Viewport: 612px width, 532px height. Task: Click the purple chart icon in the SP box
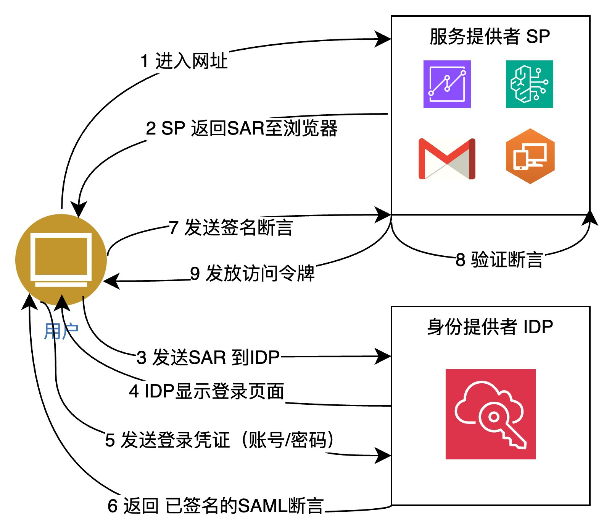pyautogui.click(x=447, y=84)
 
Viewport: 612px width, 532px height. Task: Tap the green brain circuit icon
pyautogui.click(x=529, y=84)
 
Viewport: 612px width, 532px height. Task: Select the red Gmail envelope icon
pyautogui.click(x=447, y=159)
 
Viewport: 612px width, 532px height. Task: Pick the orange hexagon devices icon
pyautogui.click(x=530, y=156)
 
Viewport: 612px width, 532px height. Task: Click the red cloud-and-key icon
pyautogui.click(x=490, y=414)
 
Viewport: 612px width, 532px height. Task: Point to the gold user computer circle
pyautogui.click(x=61, y=260)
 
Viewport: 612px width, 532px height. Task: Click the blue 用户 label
pyautogui.click(x=61, y=331)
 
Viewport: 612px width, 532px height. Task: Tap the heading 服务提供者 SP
pyautogui.click(x=490, y=37)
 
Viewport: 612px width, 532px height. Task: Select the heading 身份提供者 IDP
pyautogui.click(x=490, y=327)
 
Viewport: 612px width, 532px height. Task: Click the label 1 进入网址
pyautogui.click(x=184, y=61)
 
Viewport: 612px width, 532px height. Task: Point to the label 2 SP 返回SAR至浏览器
pyautogui.click(x=242, y=128)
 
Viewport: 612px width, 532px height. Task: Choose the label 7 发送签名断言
pyautogui.click(x=231, y=227)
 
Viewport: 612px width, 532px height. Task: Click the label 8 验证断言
pyautogui.click(x=499, y=260)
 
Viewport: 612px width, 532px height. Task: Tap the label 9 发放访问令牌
pyautogui.click(x=252, y=274)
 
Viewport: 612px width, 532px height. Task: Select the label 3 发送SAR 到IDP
pyautogui.click(x=208, y=358)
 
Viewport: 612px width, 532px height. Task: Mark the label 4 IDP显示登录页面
pyautogui.click(x=207, y=391)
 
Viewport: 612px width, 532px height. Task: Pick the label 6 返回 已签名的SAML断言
pyautogui.click(x=216, y=506)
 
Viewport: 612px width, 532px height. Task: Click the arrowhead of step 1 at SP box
pyautogui.click(x=383, y=39)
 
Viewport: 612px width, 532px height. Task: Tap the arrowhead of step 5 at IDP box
pyautogui.click(x=383, y=455)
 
